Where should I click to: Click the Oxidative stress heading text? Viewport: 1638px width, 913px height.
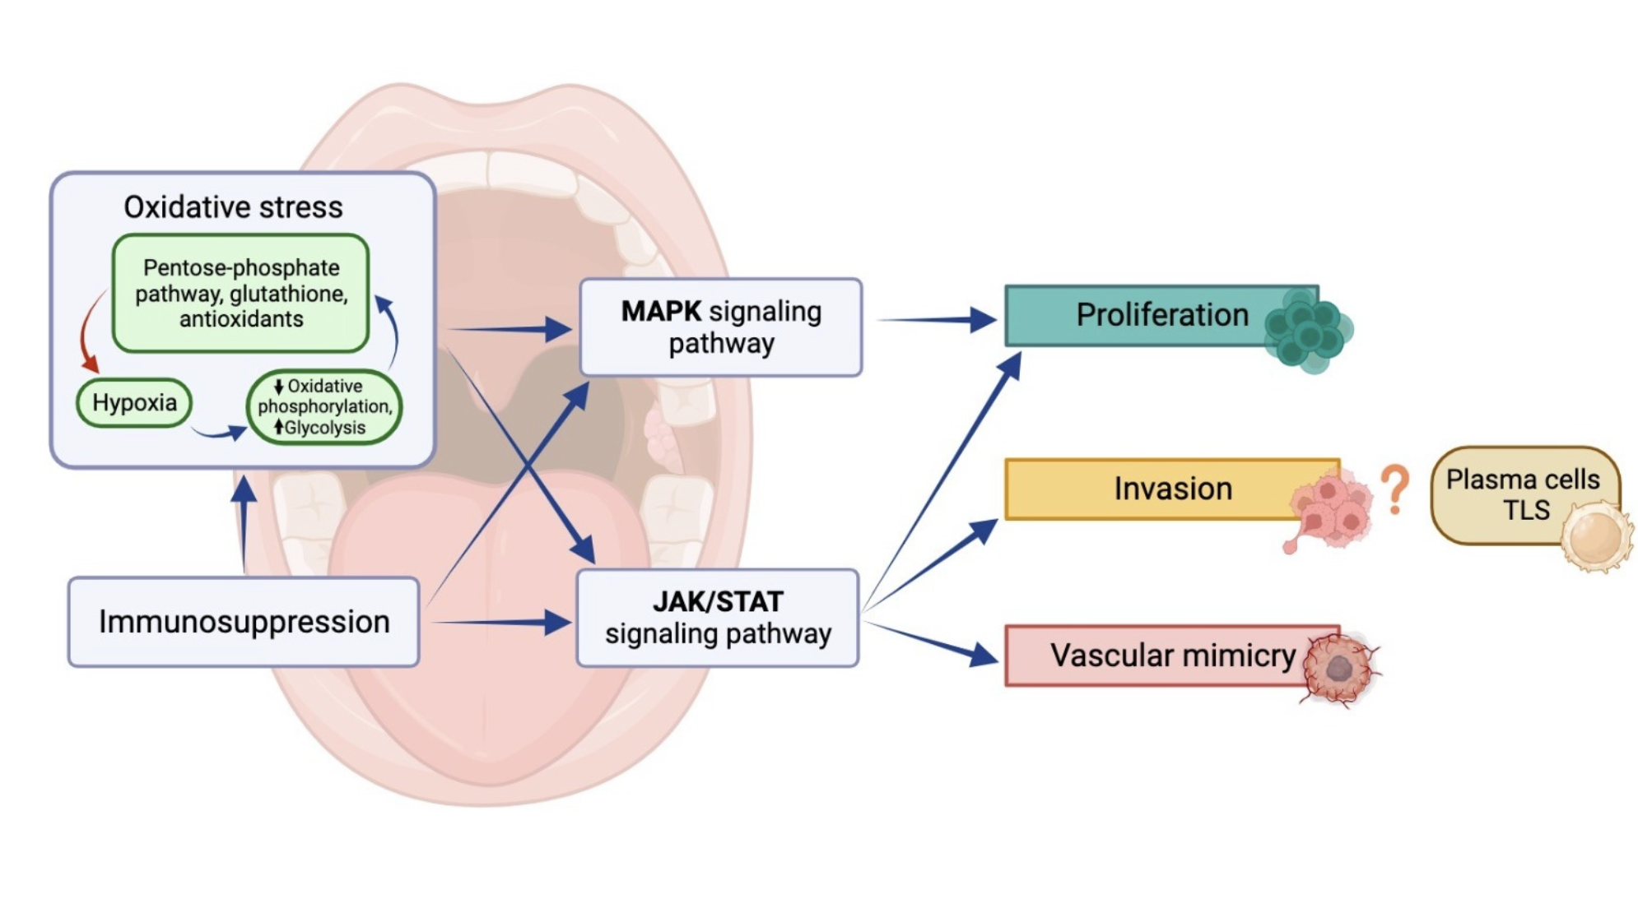point(233,207)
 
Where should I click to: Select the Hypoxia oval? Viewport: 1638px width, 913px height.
point(134,403)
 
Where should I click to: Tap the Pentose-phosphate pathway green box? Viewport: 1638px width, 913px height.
point(240,293)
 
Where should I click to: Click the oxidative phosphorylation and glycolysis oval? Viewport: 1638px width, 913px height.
point(324,407)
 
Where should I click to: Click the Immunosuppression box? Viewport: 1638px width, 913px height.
point(244,622)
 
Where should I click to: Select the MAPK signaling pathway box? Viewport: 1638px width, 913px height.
point(721,327)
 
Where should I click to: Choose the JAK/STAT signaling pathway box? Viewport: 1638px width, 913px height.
point(718,618)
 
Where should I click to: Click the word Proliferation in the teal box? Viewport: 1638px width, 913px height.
point(1161,315)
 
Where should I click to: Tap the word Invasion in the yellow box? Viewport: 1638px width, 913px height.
point(1173,489)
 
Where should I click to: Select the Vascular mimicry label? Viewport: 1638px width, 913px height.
point(1173,656)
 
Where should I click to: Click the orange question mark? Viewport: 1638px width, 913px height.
point(1394,489)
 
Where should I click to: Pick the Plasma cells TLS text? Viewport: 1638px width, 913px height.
point(1523,494)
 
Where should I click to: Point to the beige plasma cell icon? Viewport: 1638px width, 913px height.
point(1596,537)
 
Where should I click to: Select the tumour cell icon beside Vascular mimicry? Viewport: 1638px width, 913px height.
point(1340,668)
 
